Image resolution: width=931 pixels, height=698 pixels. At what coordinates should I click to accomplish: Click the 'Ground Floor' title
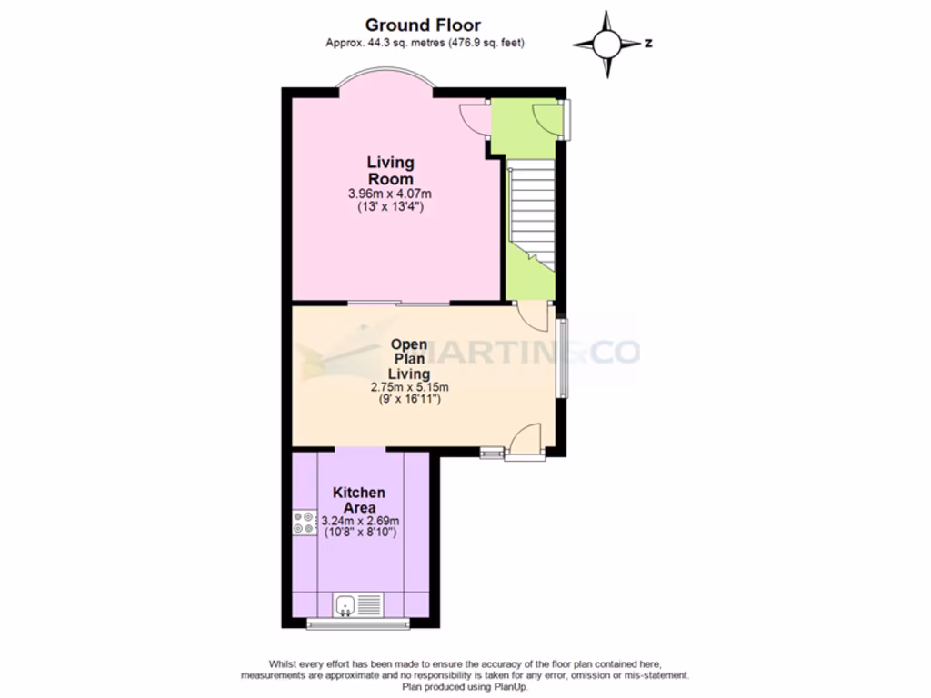pyautogui.click(x=423, y=25)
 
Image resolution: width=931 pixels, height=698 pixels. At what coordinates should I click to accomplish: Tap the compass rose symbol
pyautogui.click(x=607, y=43)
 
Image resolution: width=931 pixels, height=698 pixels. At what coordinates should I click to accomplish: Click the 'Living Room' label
pyautogui.click(x=390, y=171)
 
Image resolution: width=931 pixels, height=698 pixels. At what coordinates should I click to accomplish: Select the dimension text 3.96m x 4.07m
pyautogui.click(x=390, y=194)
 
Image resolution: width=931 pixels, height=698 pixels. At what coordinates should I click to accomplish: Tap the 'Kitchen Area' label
pyautogui.click(x=358, y=500)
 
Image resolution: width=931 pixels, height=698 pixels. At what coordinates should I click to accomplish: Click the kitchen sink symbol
pyautogui.click(x=358, y=604)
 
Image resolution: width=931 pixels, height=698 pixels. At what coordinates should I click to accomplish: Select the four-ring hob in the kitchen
pyautogui.click(x=303, y=523)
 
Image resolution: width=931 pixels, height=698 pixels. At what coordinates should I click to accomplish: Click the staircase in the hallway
pyautogui.click(x=533, y=209)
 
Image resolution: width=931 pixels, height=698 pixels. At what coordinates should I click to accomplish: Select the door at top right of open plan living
pyautogui.click(x=532, y=315)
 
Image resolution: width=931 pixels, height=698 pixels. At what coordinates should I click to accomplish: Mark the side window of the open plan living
pyautogui.click(x=562, y=357)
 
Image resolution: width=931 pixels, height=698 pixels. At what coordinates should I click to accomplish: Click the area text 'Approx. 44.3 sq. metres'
pyautogui.click(x=384, y=43)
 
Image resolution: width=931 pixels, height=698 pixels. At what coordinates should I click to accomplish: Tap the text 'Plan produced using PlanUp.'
pyautogui.click(x=465, y=686)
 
